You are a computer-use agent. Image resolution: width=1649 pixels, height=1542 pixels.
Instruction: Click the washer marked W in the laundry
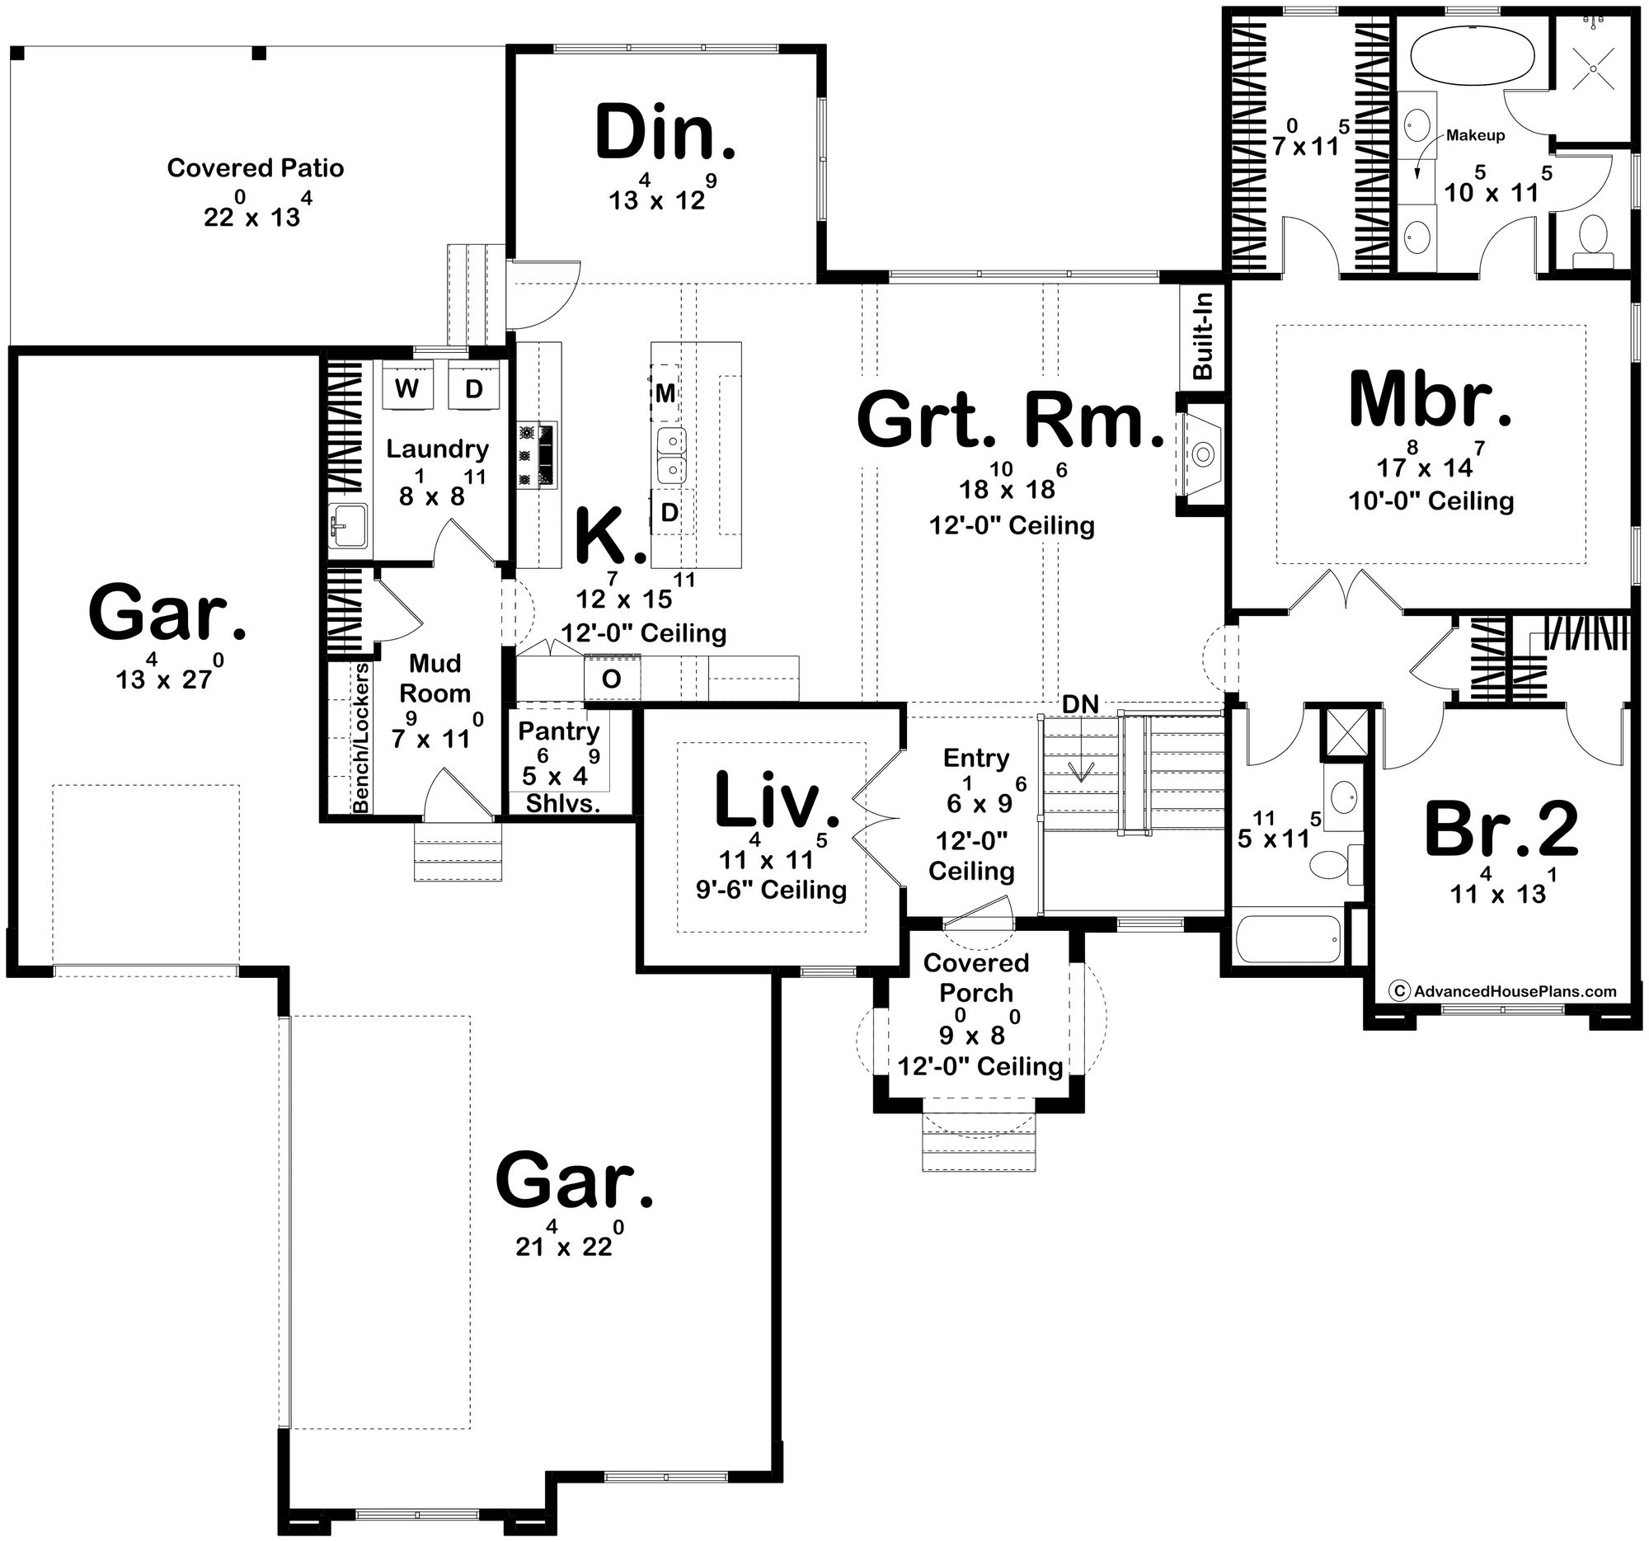click(x=406, y=388)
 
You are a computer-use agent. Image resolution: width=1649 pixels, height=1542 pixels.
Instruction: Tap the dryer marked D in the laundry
click(x=473, y=388)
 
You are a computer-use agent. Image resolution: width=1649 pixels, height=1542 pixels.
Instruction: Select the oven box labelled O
click(x=611, y=679)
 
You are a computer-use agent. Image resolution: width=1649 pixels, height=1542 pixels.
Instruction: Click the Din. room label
click(x=665, y=133)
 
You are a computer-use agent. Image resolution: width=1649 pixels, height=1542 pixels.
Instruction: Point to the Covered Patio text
click(x=256, y=168)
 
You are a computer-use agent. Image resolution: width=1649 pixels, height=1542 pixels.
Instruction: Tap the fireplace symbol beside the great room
click(x=1203, y=454)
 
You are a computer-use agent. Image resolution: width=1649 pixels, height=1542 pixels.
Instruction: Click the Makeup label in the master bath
click(x=1476, y=135)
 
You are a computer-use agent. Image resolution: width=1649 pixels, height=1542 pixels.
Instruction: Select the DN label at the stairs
click(x=1081, y=704)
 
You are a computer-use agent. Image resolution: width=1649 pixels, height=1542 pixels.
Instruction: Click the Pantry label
click(x=559, y=731)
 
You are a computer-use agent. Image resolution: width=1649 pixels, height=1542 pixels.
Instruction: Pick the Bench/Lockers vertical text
click(x=361, y=738)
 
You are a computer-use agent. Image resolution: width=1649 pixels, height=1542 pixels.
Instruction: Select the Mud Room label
click(x=435, y=679)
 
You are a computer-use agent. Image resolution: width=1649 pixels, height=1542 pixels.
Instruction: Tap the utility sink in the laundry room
click(x=347, y=527)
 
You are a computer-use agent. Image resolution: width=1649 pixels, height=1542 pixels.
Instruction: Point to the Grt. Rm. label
click(x=1011, y=421)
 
